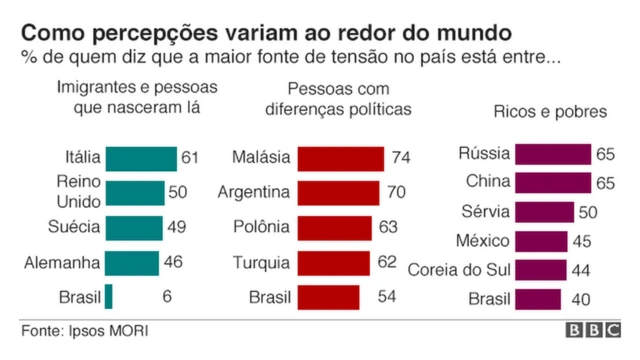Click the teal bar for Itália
point(140,159)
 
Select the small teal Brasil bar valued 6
point(109,297)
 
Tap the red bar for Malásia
point(340,159)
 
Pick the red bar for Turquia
point(335,263)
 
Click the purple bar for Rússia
point(553,154)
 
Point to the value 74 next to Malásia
point(402,159)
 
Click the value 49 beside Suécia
point(176,228)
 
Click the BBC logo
point(593,331)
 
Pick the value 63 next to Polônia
point(389,228)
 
